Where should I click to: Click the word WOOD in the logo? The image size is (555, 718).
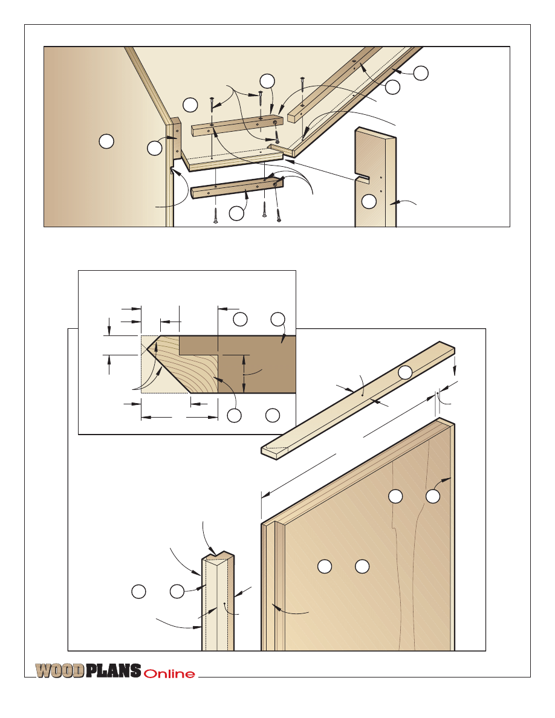click(x=60, y=671)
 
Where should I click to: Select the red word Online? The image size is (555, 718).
click(x=169, y=674)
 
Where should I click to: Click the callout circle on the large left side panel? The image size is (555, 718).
click(x=106, y=141)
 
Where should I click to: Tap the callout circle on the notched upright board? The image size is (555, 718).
click(x=369, y=201)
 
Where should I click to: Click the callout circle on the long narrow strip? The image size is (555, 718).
click(x=405, y=372)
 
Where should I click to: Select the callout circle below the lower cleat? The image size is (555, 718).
click(x=236, y=213)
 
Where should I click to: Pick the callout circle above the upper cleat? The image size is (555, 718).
click(x=267, y=81)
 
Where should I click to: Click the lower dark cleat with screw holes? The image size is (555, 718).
click(x=237, y=187)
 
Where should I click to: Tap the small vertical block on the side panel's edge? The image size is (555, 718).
click(x=175, y=139)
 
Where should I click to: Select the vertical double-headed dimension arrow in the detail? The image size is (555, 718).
click(x=244, y=374)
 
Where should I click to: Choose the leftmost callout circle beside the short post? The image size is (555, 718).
click(x=139, y=591)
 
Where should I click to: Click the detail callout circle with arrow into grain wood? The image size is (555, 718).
click(x=235, y=415)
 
